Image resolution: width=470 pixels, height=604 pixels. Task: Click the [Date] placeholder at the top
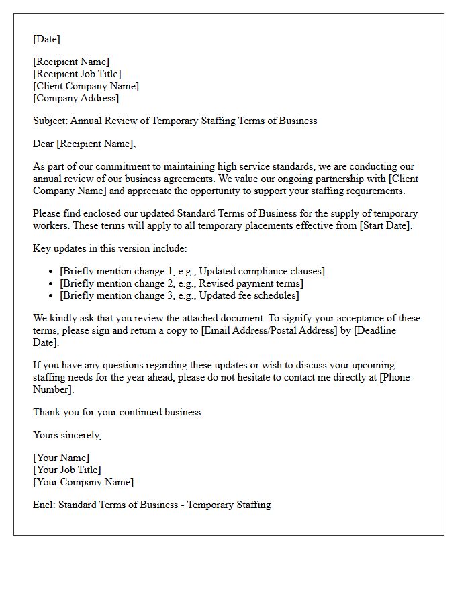pos(46,39)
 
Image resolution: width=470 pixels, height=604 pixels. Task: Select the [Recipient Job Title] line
pos(77,74)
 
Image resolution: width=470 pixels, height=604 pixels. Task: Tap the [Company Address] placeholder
pos(76,98)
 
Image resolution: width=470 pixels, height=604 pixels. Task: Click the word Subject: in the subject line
pos(50,121)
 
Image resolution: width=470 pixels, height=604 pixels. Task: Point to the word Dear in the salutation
pos(44,144)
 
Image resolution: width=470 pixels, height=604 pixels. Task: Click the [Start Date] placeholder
pos(385,225)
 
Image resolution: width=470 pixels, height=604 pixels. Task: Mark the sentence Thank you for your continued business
pos(118,412)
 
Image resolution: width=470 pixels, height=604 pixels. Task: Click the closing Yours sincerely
pos(67,435)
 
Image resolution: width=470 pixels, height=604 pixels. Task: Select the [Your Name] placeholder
pos(61,458)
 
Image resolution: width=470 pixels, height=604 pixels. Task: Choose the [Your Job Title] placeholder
pos(67,470)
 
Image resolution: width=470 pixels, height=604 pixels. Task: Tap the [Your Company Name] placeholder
pos(83,482)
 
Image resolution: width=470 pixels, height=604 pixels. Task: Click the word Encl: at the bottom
pos(44,505)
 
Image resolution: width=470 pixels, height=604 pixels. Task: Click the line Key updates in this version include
pos(110,248)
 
